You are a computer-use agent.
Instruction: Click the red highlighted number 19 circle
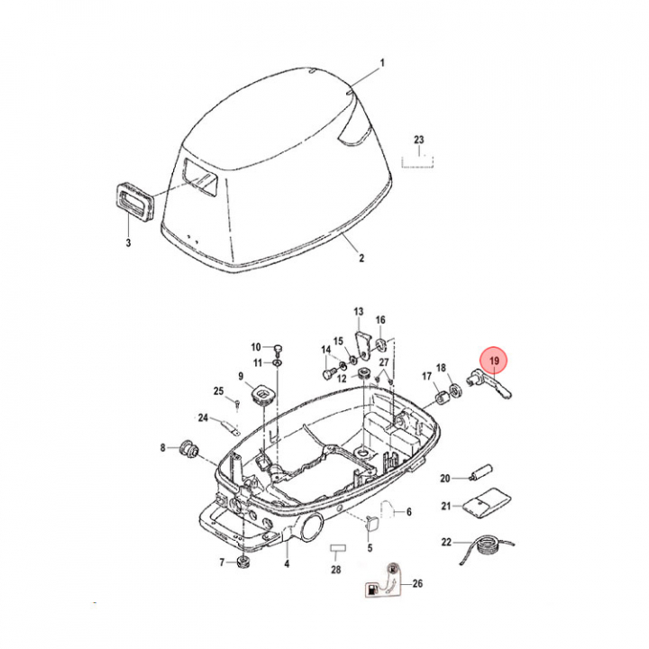click(x=494, y=361)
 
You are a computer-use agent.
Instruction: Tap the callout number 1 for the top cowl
click(x=382, y=63)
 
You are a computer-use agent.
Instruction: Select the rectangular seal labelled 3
click(x=134, y=202)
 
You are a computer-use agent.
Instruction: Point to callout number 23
click(x=419, y=140)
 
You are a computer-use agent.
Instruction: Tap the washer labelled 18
click(x=457, y=390)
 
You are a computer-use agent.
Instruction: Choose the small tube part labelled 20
click(x=480, y=471)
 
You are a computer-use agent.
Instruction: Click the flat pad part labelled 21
click(x=486, y=502)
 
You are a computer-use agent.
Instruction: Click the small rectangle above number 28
click(x=337, y=548)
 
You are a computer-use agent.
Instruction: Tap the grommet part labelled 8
click(x=189, y=450)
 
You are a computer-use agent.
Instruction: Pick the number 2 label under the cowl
click(x=361, y=258)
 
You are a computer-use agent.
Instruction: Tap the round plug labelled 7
click(x=242, y=562)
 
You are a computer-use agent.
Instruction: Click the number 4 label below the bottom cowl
click(x=287, y=563)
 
